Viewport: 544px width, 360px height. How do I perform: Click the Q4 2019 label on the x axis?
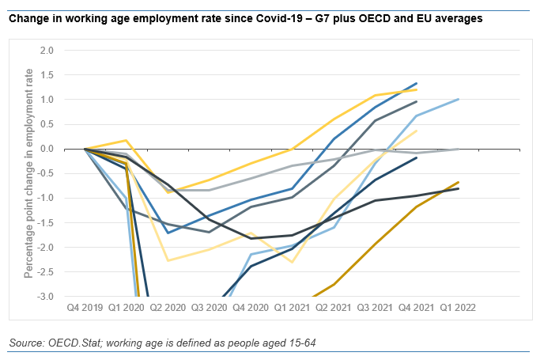coord(85,305)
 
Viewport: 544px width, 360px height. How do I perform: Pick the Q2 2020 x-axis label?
coord(168,305)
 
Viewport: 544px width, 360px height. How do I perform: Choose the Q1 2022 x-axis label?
coord(459,305)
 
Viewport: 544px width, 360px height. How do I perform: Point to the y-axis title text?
coord(28,173)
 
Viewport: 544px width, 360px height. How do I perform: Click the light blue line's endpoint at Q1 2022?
coord(459,99)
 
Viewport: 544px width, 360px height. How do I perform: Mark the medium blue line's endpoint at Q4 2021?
coord(417,83)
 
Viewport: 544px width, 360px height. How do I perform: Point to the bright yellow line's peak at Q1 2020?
coord(127,140)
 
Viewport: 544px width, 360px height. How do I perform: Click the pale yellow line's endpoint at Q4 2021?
coord(417,131)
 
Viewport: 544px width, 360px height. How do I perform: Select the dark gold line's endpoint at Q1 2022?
coord(459,182)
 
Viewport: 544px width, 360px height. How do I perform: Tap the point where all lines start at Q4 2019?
coord(85,149)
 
